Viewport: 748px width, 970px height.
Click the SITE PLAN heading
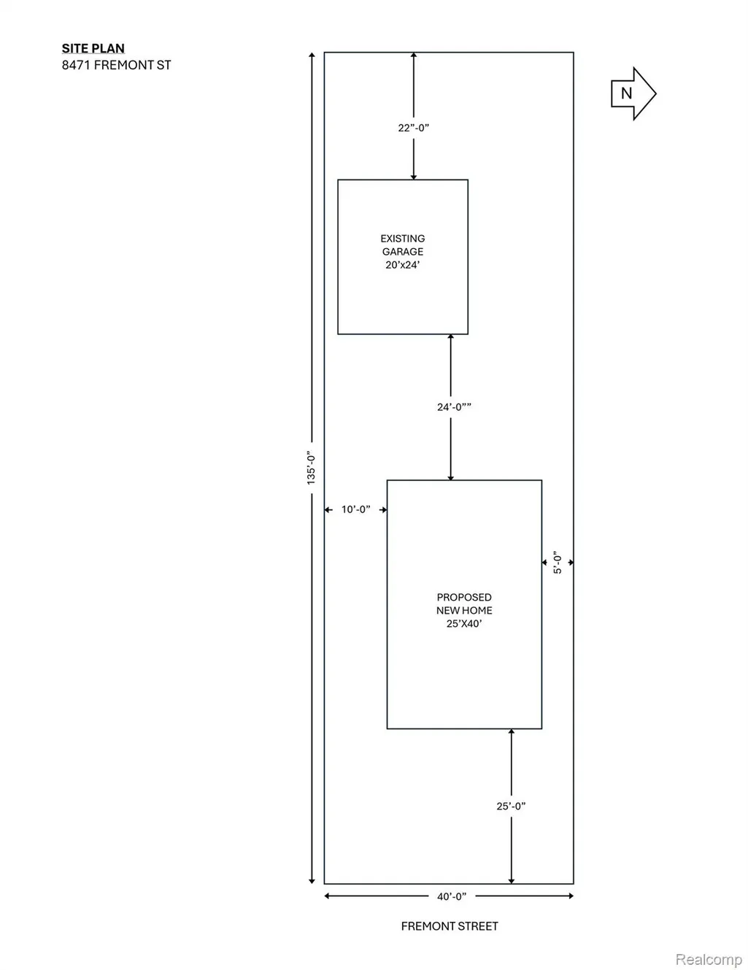click(93, 48)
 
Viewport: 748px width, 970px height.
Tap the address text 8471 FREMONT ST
click(116, 65)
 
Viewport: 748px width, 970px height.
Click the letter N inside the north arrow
click(626, 93)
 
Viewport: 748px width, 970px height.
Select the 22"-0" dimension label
click(413, 128)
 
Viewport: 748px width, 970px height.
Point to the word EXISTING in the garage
click(403, 239)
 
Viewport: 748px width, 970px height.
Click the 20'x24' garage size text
click(403, 265)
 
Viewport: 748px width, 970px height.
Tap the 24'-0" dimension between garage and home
click(454, 407)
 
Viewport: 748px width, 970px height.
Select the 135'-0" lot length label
click(311, 468)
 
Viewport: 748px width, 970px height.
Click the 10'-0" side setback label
click(355, 509)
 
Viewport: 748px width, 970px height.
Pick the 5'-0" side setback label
click(558, 562)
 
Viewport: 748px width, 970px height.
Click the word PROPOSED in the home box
click(464, 597)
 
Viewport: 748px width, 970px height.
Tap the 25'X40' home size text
click(464, 623)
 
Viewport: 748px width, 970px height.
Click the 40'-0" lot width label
click(452, 896)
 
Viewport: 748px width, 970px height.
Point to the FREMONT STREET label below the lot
click(450, 926)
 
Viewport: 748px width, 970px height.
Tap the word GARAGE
click(403, 252)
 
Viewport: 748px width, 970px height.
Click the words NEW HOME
click(464, 610)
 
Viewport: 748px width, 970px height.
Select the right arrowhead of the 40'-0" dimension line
click(571, 896)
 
